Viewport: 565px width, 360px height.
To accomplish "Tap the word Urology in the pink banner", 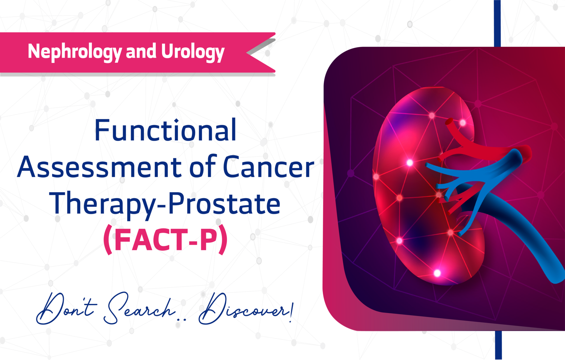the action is point(193,52).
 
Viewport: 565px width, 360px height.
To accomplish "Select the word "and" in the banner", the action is point(141,51).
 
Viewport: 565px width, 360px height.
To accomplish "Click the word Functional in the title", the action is point(166,130).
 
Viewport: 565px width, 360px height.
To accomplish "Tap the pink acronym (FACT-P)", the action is point(166,239).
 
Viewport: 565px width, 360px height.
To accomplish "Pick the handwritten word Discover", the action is point(243,308).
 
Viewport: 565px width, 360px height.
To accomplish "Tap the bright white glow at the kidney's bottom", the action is point(437,273).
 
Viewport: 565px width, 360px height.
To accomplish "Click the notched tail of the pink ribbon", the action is point(261,53).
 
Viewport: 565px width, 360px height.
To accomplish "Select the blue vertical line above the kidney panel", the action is point(497,23).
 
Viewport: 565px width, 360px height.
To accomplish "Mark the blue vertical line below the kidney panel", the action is point(498,345).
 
